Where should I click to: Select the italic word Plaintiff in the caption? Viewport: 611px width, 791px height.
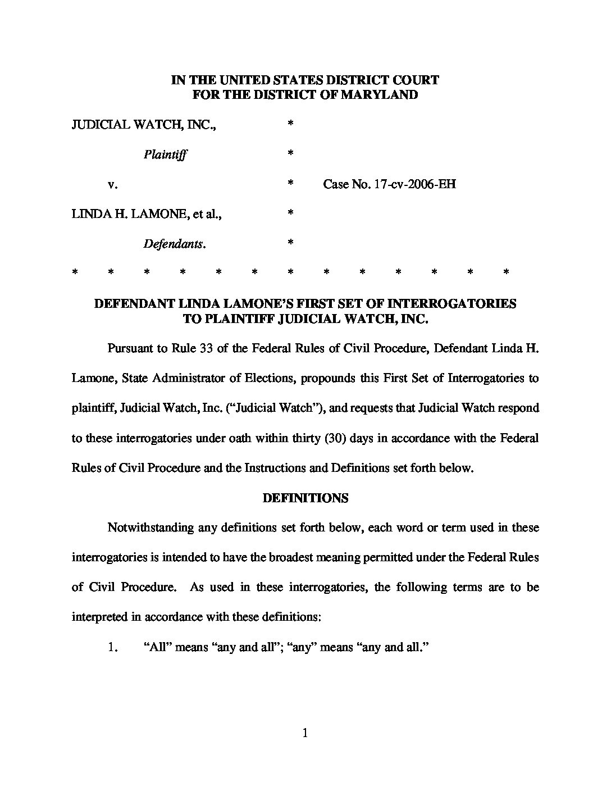(x=165, y=154)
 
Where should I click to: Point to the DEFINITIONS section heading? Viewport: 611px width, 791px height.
(x=305, y=498)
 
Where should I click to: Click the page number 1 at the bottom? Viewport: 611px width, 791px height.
(x=305, y=733)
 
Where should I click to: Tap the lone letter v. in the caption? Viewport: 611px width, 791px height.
(x=112, y=184)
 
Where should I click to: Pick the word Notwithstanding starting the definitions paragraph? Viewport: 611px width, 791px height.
(x=150, y=528)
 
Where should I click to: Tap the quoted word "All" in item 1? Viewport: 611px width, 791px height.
(x=157, y=647)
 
